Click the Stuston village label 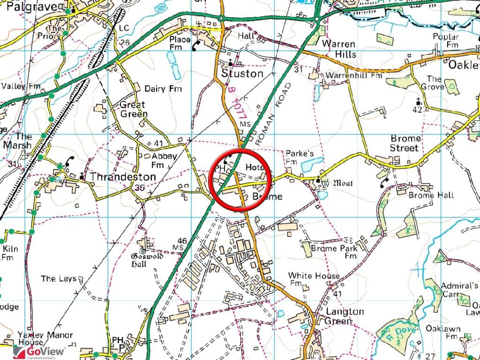tap(242, 74)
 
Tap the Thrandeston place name tap(122, 177)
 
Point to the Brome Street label tap(405, 143)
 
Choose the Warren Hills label tap(339, 49)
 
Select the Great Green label tap(134, 109)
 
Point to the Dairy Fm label tap(163, 89)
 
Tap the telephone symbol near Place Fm tap(196, 44)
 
